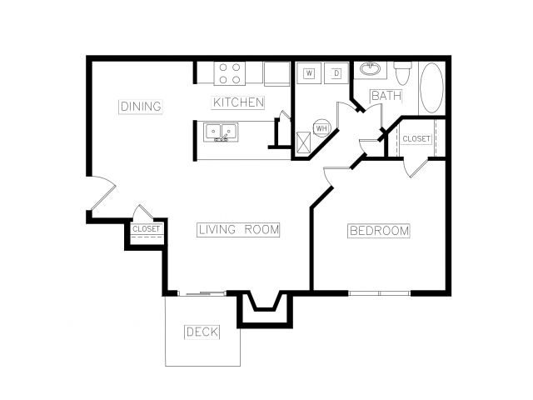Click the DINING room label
[x=141, y=107]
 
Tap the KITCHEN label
[x=238, y=102]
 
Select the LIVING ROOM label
[x=239, y=230]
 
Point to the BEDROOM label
[x=379, y=231]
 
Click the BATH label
[x=386, y=96]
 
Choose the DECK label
[x=202, y=332]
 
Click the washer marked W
[x=309, y=72]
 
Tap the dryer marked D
[x=336, y=72]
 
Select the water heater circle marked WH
[x=321, y=128]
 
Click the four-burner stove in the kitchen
[x=230, y=73]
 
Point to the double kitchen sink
[x=221, y=132]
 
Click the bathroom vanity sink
[x=370, y=69]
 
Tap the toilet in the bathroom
[x=403, y=73]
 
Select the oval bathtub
[x=431, y=87]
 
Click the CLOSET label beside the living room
[x=147, y=229]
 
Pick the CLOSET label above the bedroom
[x=416, y=139]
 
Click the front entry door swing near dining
[x=104, y=192]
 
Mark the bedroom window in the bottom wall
[x=380, y=292]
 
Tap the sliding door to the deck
[x=202, y=293]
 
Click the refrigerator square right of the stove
[x=276, y=73]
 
